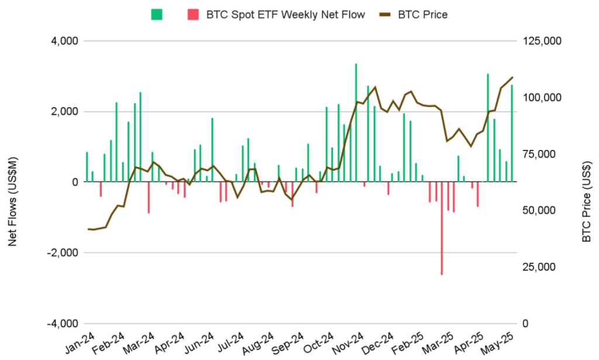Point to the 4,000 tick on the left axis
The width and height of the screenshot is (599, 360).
66,42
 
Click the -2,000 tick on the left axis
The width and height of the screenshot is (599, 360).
64,253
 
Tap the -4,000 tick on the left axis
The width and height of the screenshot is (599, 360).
64,324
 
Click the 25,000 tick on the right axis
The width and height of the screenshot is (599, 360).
538,267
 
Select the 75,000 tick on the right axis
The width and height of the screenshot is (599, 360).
538,154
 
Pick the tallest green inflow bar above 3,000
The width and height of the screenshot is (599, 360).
356,123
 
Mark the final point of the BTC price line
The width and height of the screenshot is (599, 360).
512,77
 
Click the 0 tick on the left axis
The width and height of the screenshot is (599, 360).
74,182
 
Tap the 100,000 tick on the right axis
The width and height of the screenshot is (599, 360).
540,98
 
